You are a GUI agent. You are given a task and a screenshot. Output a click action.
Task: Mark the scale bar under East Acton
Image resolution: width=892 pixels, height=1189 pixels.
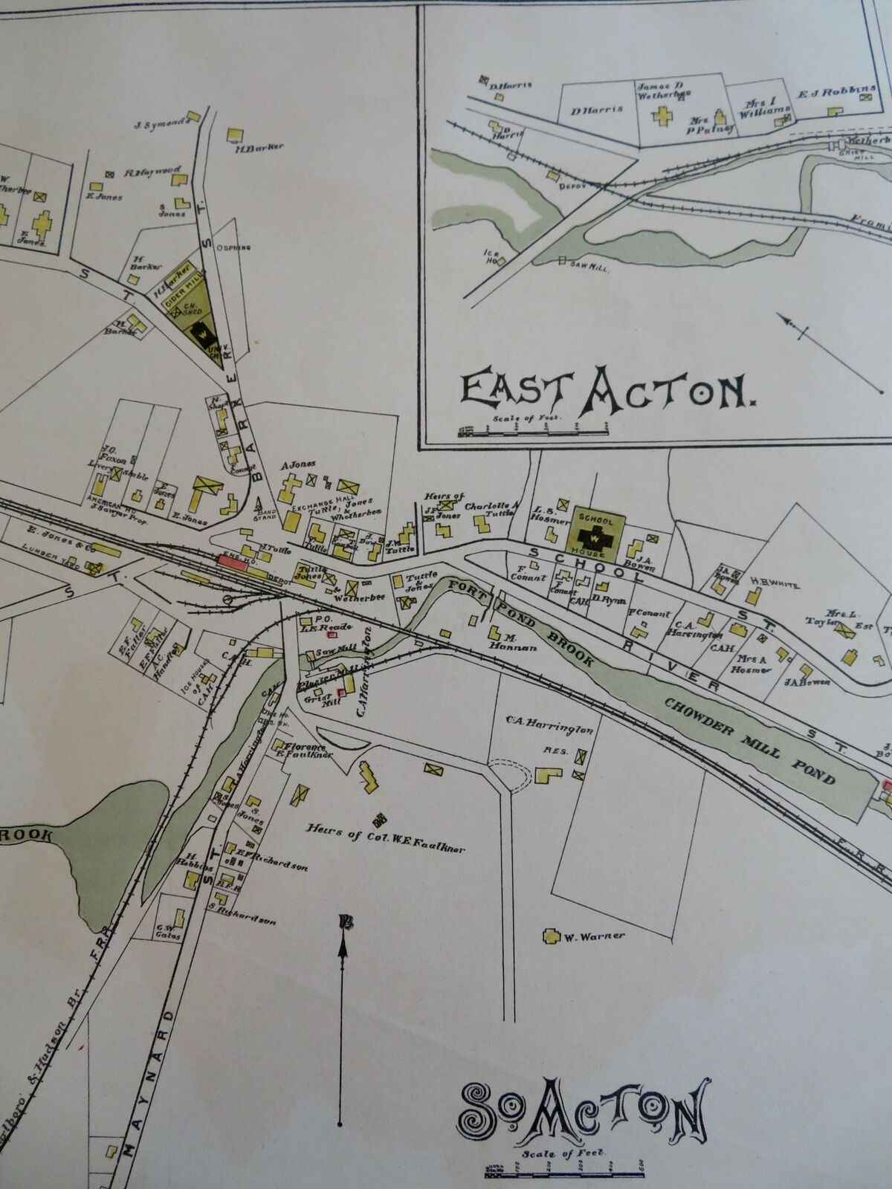tap(534, 429)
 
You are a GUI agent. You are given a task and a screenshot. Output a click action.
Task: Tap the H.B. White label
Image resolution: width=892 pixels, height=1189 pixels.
tap(774, 585)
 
